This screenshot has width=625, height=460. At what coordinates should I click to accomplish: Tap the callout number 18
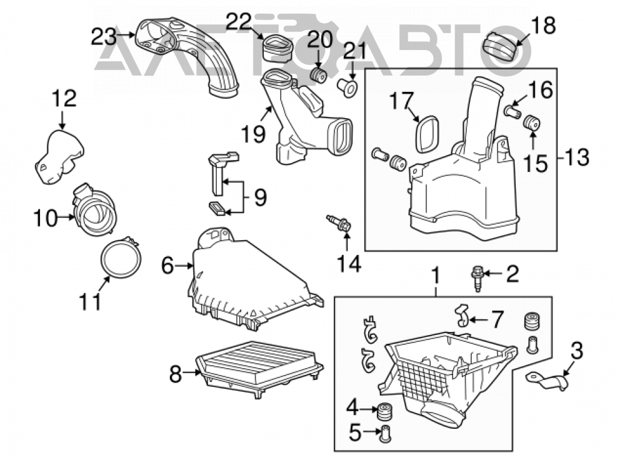pos(544,25)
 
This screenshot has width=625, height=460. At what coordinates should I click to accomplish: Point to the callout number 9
pos(260,197)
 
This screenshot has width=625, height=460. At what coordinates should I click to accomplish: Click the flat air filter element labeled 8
pos(260,369)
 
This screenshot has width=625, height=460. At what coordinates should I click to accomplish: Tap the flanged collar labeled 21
pos(347,88)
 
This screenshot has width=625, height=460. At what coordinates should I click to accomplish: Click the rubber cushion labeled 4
pos(384,411)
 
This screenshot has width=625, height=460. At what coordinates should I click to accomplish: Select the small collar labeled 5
pos(385,434)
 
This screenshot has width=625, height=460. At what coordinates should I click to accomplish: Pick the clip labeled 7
pos(462,314)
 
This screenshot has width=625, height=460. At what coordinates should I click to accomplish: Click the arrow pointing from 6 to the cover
pos(184,266)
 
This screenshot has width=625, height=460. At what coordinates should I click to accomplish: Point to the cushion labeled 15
pos(531,122)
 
